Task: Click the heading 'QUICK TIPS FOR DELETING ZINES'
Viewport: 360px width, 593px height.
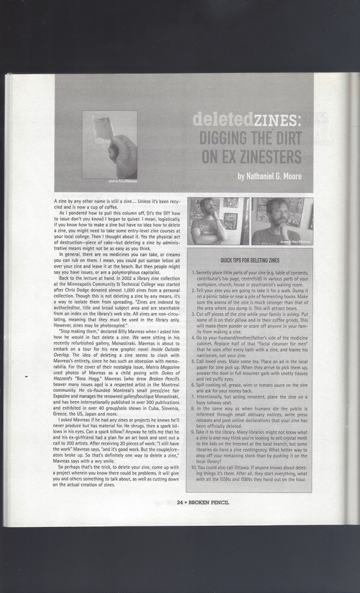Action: [x=250, y=261]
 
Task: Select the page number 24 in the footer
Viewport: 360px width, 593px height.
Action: [x=180, y=502]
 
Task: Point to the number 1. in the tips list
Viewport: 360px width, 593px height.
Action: [x=192, y=272]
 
